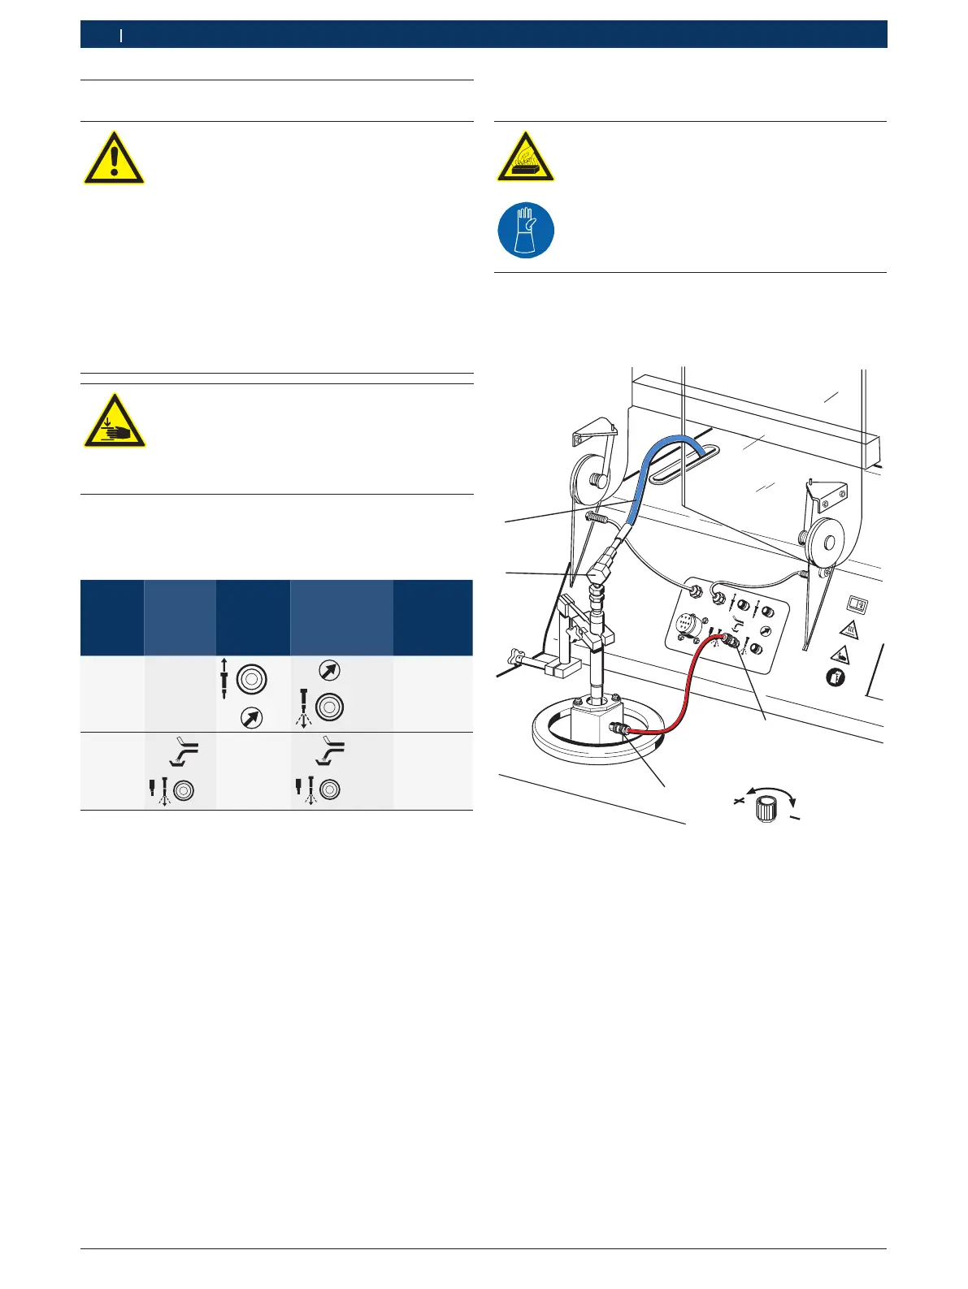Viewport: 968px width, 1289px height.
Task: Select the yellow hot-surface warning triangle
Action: (526, 157)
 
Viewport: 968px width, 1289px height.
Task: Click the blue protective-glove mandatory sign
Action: (526, 231)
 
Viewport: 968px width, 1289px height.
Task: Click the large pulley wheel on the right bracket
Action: (827, 541)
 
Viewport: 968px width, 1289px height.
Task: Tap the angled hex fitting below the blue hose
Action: (599, 568)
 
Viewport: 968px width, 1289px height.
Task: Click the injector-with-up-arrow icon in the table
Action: (224, 679)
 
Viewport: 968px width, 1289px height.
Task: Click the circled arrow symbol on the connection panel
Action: (765, 631)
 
